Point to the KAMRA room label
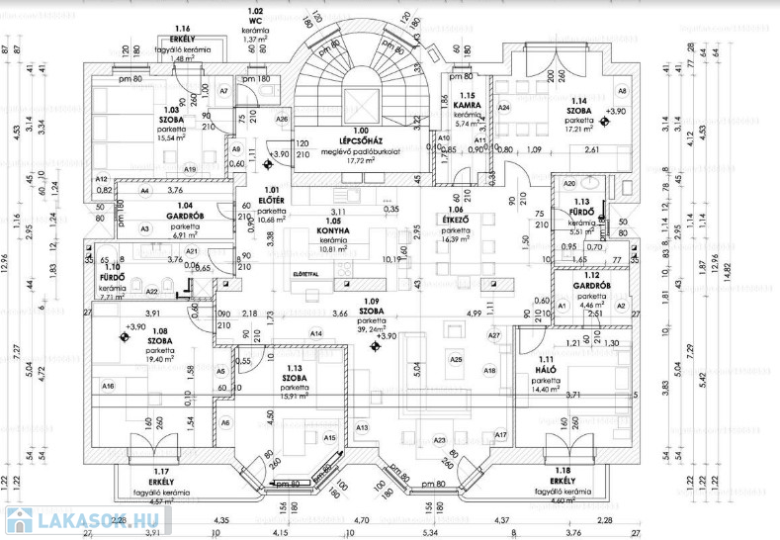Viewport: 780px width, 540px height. [467, 104]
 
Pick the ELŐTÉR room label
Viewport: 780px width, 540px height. [271, 201]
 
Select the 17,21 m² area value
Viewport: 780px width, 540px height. [577, 129]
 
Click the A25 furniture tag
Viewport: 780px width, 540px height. [456, 359]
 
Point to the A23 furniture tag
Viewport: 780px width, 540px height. [439, 439]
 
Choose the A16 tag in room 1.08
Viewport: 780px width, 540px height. [108, 386]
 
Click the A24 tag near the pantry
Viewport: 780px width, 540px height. [503, 107]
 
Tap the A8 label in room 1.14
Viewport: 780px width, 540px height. [623, 91]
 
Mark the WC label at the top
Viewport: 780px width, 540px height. [255, 20]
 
